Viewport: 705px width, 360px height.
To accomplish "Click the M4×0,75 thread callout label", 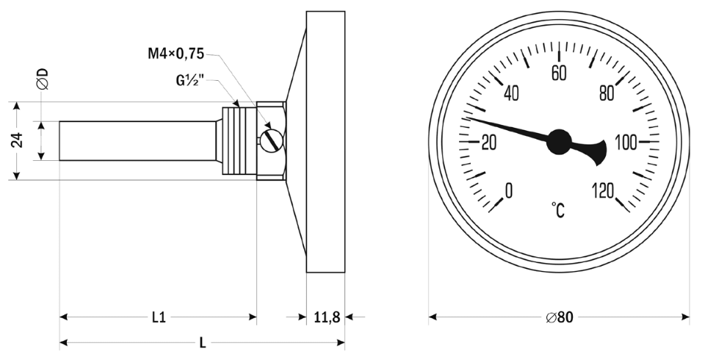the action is pos(176,54).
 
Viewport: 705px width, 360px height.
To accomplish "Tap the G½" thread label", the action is pos(189,82).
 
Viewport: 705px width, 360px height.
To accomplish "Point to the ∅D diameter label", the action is pos(43,79).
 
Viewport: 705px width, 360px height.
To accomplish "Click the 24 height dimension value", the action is pos(17,140).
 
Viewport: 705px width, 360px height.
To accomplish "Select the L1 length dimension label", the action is pos(159,317).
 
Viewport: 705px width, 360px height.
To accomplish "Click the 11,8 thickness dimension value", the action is pos(326,317).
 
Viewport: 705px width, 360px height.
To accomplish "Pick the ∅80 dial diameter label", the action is pos(560,317).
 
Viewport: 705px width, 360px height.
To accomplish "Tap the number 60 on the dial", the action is pos(559,73).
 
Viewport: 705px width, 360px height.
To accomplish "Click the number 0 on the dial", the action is pos(508,191).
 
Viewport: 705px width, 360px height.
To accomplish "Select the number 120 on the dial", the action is pos(604,192).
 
